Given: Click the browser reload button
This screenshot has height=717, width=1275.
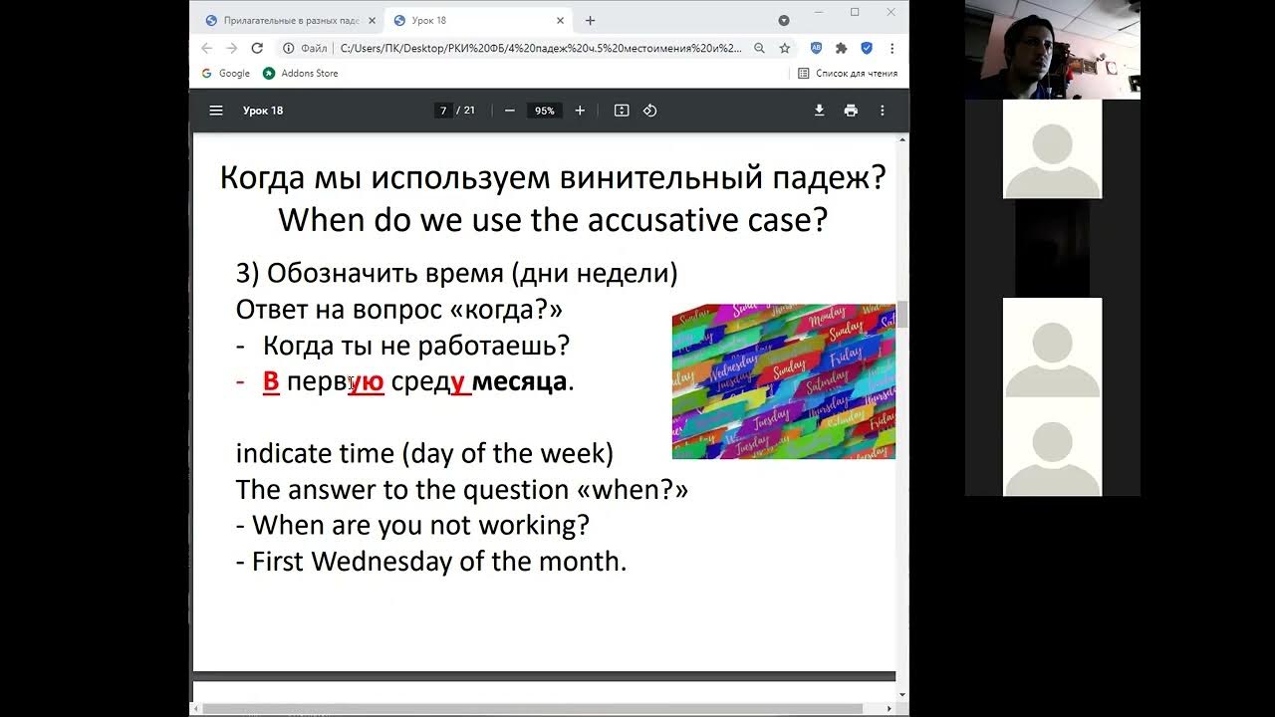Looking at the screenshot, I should pos(257,48).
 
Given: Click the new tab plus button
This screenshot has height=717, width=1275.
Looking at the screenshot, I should pos(590,20).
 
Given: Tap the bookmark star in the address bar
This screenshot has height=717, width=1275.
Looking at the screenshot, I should pos(785,48).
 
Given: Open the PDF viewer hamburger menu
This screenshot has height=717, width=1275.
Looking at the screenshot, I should pos(216,111).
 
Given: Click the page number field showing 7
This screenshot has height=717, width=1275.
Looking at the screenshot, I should pos(443,111).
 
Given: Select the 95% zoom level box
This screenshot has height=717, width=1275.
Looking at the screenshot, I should pos(544,111).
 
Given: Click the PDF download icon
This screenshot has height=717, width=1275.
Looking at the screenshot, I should pos(819,111).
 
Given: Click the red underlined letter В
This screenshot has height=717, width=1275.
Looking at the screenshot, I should pos(271,381).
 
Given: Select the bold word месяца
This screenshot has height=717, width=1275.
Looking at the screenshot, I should pos(519,381).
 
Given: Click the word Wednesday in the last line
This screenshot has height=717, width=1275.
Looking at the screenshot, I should pos(382,562).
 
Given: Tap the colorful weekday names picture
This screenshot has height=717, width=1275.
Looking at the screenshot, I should pos(783,381).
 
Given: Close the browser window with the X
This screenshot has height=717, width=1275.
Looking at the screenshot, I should pos(892,12).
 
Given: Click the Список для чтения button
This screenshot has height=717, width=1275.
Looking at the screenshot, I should pos(848,74).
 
